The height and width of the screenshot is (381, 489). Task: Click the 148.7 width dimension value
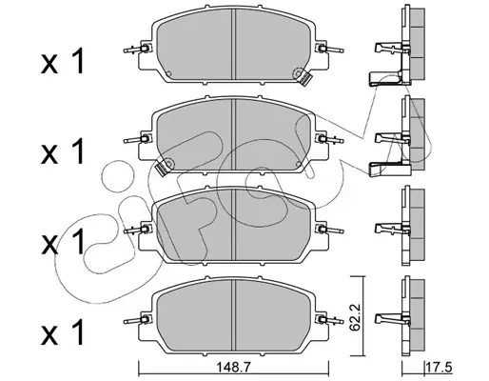click(233, 368)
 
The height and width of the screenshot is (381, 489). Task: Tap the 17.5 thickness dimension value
click(440, 369)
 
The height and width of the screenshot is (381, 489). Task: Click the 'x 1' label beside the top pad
click(63, 62)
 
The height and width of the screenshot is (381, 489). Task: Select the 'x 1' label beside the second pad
click(63, 151)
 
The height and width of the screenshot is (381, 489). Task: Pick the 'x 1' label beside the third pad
click(63, 242)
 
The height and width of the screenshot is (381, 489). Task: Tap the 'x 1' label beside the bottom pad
click(63, 332)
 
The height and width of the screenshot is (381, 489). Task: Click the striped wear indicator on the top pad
click(305, 78)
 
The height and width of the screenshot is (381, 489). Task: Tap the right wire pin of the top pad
click(331, 50)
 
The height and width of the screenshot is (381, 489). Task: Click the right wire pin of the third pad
click(331, 231)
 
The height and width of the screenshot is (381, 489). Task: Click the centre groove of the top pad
click(234, 45)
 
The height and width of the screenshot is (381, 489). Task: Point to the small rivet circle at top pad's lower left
click(168, 73)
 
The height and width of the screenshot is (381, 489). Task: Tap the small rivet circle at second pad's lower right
click(298, 164)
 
